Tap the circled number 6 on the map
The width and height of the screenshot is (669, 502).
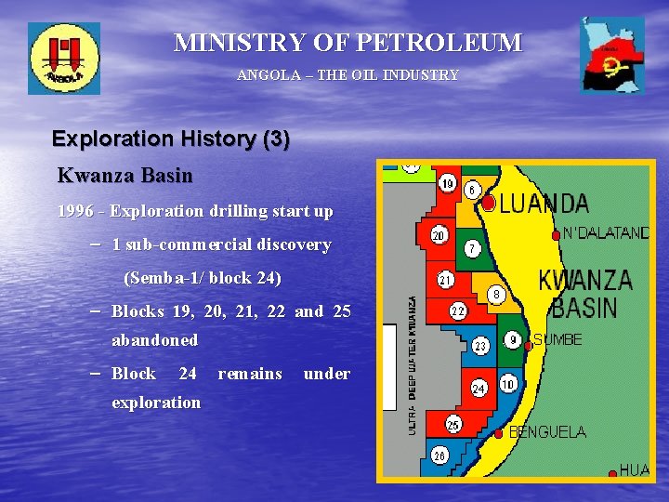point(472,191)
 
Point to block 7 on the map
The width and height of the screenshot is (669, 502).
point(473,248)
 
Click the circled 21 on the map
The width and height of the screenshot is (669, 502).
point(446,280)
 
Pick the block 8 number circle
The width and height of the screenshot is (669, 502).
point(497,295)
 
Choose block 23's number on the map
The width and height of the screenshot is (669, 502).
point(480,346)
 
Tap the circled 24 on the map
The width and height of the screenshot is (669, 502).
point(479,388)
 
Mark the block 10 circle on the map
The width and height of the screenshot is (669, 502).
point(507,384)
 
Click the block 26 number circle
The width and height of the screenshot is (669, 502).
point(440,456)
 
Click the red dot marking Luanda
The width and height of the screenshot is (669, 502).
point(489,202)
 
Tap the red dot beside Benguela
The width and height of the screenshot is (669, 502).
point(499,433)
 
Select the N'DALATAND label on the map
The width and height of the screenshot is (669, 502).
point(607,233)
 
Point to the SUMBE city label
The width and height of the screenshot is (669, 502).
point(557,340)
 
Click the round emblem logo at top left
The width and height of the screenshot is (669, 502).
point(63,58)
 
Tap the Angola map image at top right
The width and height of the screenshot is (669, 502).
point(611,55)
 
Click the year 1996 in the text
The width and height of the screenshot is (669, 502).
point(75,211)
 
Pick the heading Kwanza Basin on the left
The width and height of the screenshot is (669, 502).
point(125,175)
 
